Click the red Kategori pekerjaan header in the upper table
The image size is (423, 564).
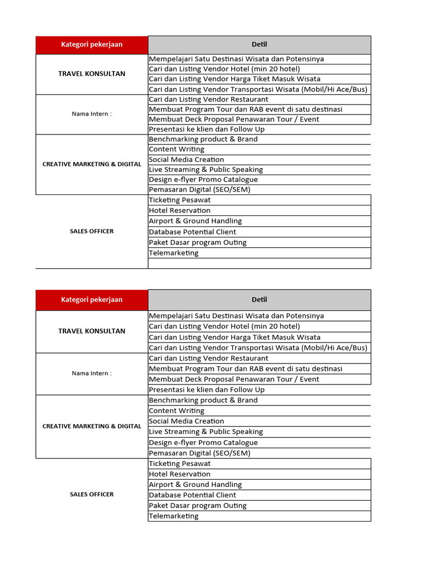pyautogui.click(x=91, y=45)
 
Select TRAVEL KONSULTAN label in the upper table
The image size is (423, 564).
pyautogui.click(x=91, y=74)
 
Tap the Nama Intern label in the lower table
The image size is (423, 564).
pyautogui.click(x=91, y=373)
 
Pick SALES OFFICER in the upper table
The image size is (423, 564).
pyautogui.click(x=91, y=231)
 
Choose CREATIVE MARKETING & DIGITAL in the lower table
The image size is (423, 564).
pyautogui.click(x=91, y=426)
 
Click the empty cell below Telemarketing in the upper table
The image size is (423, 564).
pyautogui.click(x=259, y=264)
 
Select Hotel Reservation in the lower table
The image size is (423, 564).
pyautogui.click(x=180, y=474)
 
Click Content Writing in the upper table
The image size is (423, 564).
pyautogui.click(x=177, y=149)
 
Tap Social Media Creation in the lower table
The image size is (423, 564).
pyautogui.click(x=187, y=421)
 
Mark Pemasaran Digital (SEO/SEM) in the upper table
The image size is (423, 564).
pyautogui.click(x=199, y=189)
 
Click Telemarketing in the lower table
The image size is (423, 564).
pyautogui.click(x=173, y=516)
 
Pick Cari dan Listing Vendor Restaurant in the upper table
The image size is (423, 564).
pyautogui.click(x=209, y=100)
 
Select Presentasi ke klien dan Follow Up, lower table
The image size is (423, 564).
pyautogui.click(x=207, y=390)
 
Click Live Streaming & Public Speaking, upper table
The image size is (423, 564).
pyautogui.click(x=206, y=170)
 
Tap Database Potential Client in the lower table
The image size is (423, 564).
pyautogui.click(x=192, y=495)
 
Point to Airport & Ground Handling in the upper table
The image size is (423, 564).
pyautogui.click(x=196, y=221)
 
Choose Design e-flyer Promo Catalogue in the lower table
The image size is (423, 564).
pyautogui.click(x=203, y=443)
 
